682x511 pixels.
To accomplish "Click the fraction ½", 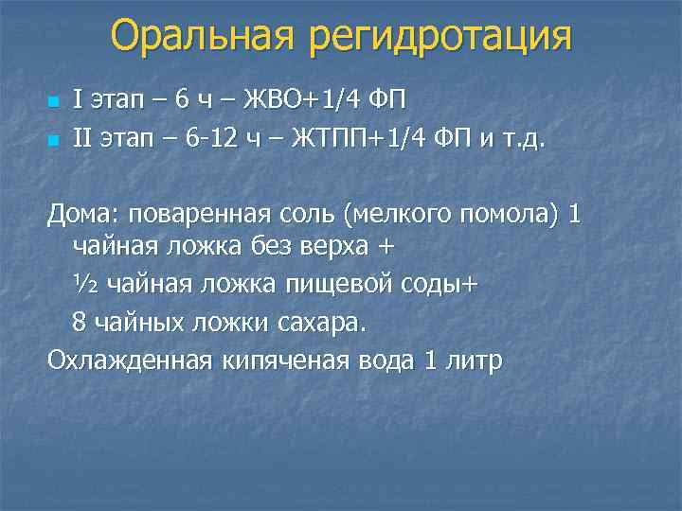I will [85, 284].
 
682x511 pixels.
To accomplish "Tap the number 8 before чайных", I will [80, 322].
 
